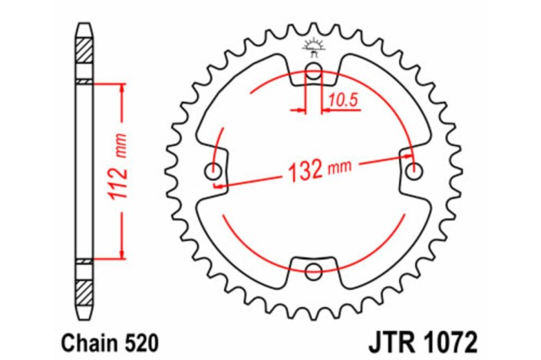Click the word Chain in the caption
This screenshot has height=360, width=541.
77,339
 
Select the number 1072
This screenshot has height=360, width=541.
447,339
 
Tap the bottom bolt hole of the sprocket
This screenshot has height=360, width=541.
313,269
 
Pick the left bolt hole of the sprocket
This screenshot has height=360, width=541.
214,170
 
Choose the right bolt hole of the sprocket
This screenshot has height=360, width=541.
414,170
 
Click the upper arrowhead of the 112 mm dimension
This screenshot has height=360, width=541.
121,87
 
